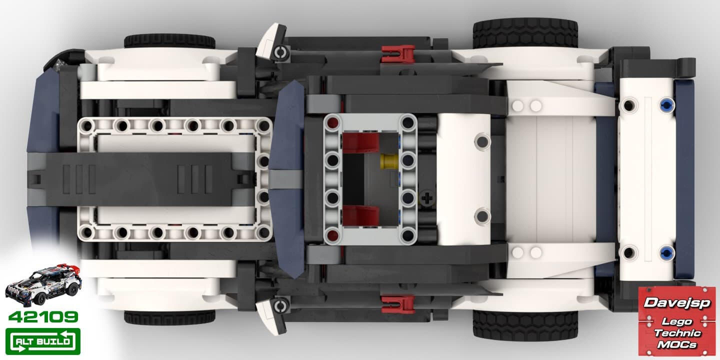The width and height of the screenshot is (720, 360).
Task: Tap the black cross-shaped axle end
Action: coord(427,198)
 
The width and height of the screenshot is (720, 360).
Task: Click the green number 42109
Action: coord(43,317)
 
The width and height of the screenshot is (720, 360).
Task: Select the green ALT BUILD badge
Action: coord(43,341)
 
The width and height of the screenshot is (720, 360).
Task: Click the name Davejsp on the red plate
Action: coord(677,303)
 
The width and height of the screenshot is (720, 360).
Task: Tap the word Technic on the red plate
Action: coord(677,333)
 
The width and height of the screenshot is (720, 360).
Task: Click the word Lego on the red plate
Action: coord(676,321)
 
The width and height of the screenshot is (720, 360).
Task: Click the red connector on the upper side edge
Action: coord(398,53)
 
